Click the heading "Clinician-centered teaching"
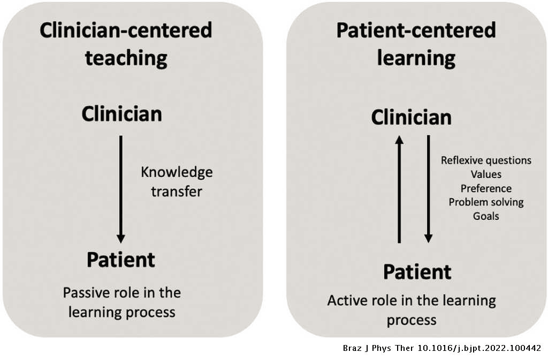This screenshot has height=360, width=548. coord(126,44)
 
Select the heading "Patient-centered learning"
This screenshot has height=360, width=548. coord(416,44)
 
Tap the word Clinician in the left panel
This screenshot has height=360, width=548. coord(121,114)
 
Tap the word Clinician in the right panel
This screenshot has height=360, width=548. coord(412,117)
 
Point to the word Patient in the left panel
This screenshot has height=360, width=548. coord(121,260)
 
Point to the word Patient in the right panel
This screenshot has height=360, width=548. coord(417,272)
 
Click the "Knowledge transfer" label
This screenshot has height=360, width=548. coord(177,182)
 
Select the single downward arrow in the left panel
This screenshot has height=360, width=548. coord(121,187)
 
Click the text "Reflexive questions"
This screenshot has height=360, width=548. coord(486,160)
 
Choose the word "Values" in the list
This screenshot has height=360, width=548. coord(486,174)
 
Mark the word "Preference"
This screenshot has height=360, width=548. coord(486,188)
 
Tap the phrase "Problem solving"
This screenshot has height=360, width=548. coord(486,202)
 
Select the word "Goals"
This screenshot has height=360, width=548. coord(486,216)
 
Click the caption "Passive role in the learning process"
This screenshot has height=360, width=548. coord(122,303)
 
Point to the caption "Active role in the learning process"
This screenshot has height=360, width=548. coord(412,310)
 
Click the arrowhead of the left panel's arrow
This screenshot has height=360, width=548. coord(121,238)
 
